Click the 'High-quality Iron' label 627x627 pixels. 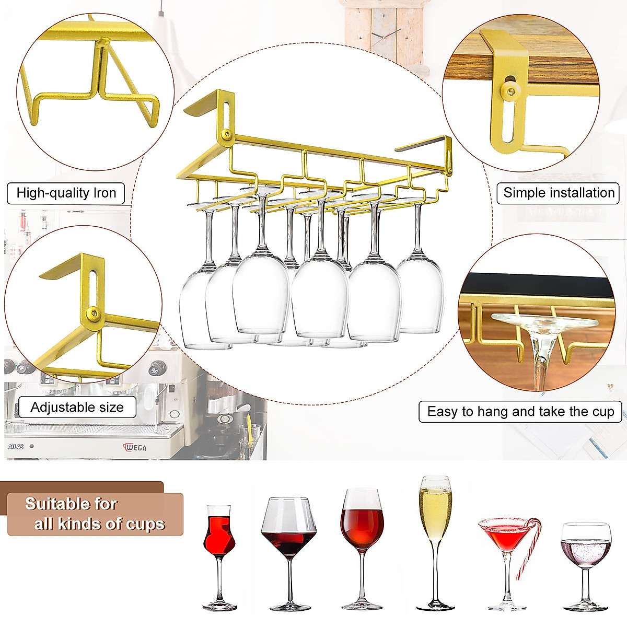pyautogui.click(x=66, y=193)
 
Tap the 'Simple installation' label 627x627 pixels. pyautogui.click(x=559, y=193)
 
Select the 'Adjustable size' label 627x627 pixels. pyautogui.click(x=77, y=407)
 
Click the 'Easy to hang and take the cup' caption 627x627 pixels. pyautogui.click(x=520, y=412)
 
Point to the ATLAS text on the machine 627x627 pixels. pyautogui.click(x=16, y=447)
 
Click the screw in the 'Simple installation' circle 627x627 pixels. pyautogui.click(x=508, y=91)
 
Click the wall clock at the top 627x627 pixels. pyautogui.click(x=384, y=34)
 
